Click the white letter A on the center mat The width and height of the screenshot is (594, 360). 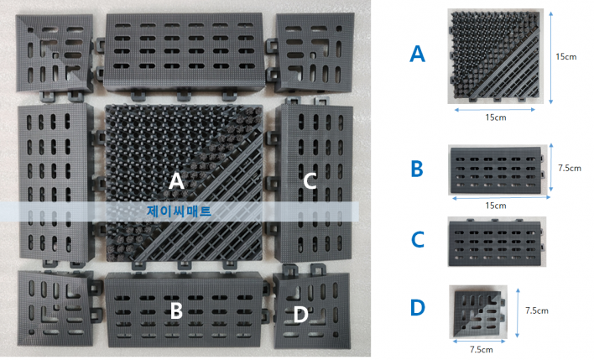[x=176, y=180]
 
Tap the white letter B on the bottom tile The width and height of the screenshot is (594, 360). [x=176, y=310]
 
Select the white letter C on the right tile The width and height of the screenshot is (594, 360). [x=310, y=180]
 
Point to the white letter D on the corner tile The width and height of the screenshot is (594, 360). [x=301, y=315]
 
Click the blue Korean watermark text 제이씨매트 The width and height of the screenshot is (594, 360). [x=179, y=211]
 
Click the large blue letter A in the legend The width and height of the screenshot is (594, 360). [x=417, y=54]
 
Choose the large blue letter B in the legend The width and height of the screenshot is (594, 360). [x=417, y=169]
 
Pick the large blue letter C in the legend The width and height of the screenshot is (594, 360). [x=418, y=239]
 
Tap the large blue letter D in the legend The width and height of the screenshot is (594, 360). [x=418, y=308]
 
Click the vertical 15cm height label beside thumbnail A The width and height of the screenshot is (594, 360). [x=566, y=57]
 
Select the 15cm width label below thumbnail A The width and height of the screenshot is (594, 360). [x=496, y=117]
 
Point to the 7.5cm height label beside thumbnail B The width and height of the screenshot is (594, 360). [x=570, y=168]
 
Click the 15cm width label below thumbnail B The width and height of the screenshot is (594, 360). [x=496, y=206]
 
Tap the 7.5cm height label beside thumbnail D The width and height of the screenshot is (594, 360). [x=536, y=310]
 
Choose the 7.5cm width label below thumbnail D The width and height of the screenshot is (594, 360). [x=482, y=349]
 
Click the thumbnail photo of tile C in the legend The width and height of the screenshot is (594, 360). [x=497, y=242]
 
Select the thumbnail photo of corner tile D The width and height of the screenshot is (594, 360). [x=478, y=312]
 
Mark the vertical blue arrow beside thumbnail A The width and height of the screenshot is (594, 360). [x=551, y=57]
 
